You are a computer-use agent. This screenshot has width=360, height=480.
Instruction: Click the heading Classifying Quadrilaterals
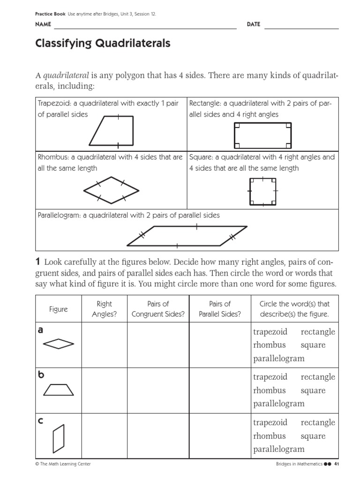coord(103,44)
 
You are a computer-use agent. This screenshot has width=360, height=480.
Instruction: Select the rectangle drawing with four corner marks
coord(262,135)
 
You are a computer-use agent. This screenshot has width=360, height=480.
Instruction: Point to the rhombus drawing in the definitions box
coord(111,190)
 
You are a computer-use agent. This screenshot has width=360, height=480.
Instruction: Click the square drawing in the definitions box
coord(262,191)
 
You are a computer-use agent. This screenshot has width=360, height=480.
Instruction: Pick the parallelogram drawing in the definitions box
coord(187,236)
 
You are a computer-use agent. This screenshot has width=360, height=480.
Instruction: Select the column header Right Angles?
coord(104,309)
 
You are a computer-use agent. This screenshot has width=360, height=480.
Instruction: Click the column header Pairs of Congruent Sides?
coord(158,309)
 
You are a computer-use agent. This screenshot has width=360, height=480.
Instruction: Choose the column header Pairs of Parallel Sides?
coord(220,309)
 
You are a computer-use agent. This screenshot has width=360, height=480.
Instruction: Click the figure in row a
coord(59,345)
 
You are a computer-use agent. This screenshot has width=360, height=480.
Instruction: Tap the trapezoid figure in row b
coord(58,390)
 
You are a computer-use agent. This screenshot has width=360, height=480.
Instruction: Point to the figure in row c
coord(59,436)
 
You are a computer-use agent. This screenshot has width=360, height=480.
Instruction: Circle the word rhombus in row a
coord(269,345)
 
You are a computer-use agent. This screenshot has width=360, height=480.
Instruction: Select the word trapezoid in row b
coord(270,377)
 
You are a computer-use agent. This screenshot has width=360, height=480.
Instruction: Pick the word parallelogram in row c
coord(278,449)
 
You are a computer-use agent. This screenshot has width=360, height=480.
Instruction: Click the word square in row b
coord(313,390)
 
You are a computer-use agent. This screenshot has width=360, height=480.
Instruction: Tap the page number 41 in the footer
coord(336,464)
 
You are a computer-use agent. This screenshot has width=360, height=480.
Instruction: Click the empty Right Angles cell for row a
coord(104,345)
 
